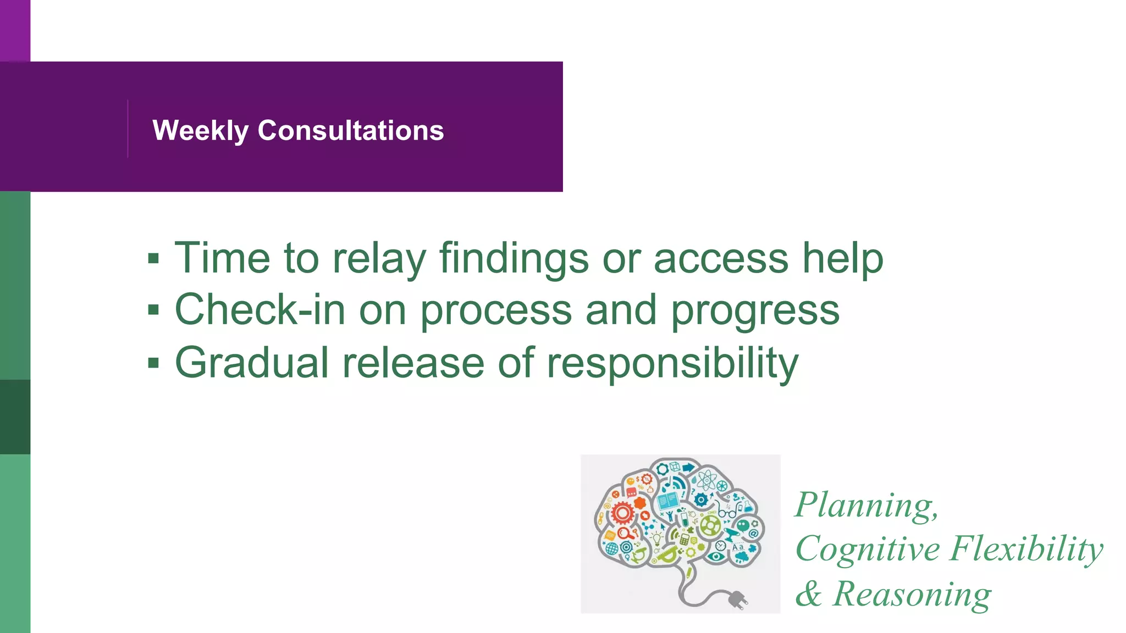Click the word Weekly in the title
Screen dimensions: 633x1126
click(200, 131)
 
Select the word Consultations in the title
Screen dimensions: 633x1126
click(351, 131)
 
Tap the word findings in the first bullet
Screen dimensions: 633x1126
click(514, 258)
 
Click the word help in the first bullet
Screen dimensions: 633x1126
click(842, 258)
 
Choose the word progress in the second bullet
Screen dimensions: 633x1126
click(755, 311)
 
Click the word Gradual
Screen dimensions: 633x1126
click(252, 363)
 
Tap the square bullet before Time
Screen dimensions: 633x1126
click(153, 258)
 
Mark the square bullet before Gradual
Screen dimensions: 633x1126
click(153, 363)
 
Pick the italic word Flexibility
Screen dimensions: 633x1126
click(1026, 549)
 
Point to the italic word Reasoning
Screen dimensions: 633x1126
click(912, 594)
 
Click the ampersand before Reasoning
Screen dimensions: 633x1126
click(808, 594)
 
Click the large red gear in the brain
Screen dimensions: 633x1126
click(622, 513)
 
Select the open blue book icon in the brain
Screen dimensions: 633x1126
click(667, 501)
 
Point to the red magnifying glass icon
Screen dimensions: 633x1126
click(625, 533)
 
